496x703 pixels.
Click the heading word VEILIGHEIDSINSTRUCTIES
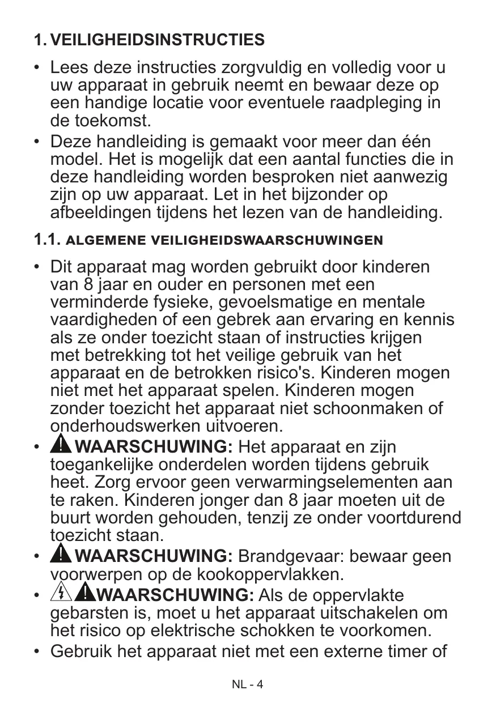pyautogui.click(x=157, y=40)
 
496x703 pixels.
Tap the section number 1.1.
pyautogui.click(x=47, y=240)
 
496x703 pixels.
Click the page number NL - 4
pyautogui.click(x=248, y=684)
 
